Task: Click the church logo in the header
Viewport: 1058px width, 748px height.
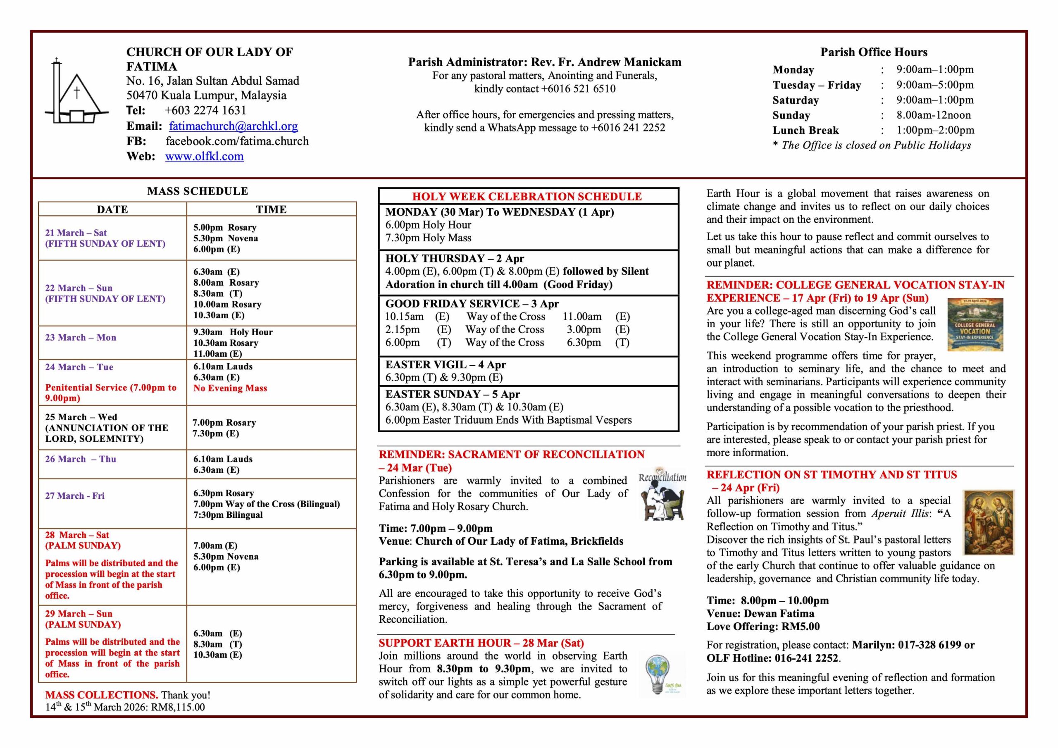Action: (x=76, y=92)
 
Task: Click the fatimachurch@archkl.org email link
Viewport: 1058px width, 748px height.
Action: (x=233, y=126)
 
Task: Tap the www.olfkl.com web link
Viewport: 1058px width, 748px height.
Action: (x=204, y=156)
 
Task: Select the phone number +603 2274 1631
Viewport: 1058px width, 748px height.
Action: (x=205, y=111)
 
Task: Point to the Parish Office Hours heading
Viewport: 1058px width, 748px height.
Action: (x=874, y=52)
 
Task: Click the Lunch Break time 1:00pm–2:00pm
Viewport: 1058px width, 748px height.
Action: (x=935, y=131)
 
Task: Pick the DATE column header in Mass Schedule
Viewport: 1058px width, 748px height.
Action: (x=112, y=210)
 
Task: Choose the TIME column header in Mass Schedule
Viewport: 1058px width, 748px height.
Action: (x=271, y=210)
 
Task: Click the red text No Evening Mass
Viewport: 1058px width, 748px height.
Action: (x=230, y=388)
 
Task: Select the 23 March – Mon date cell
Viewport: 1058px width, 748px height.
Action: (x=81, y=338)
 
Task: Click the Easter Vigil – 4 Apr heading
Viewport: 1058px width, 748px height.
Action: (x=446, y=364)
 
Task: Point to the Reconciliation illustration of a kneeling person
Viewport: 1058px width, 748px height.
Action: (x=662, y=493)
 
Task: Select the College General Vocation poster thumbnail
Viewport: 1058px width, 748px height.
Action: (x=975, y=324)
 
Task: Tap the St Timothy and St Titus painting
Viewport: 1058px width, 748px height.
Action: (x=989, y=523)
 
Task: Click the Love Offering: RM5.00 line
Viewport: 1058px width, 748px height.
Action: (x=763, y=627)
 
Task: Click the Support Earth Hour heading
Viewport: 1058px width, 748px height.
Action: (x=481, y=643)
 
